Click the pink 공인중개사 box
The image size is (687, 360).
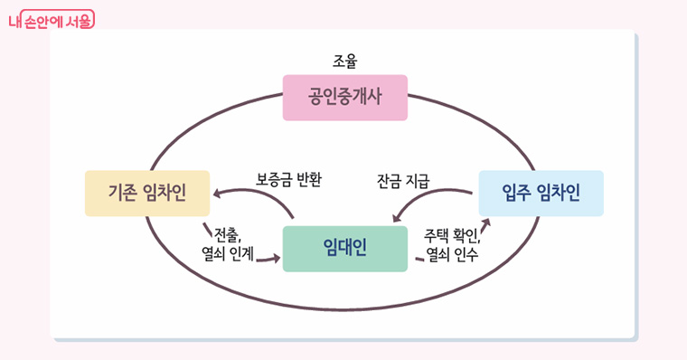coord(345,98)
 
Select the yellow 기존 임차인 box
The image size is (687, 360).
coord(147,194)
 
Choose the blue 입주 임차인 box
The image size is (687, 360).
coord(541,193)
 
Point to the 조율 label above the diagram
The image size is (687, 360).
coord(345,62)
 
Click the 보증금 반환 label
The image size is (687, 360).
coord(289,178)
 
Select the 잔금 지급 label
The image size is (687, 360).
coord(402,178)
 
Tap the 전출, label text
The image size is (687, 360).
coord(227,234)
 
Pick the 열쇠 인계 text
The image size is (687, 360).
coord(228,254)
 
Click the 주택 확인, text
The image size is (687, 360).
coord(451,234)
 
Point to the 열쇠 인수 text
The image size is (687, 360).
coord(452,254)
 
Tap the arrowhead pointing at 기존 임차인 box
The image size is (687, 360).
coord(218,192)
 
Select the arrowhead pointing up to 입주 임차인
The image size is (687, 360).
coord(485,223)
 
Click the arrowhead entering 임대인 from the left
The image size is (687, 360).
coord(274,261)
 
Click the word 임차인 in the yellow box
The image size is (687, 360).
coord(165,194)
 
